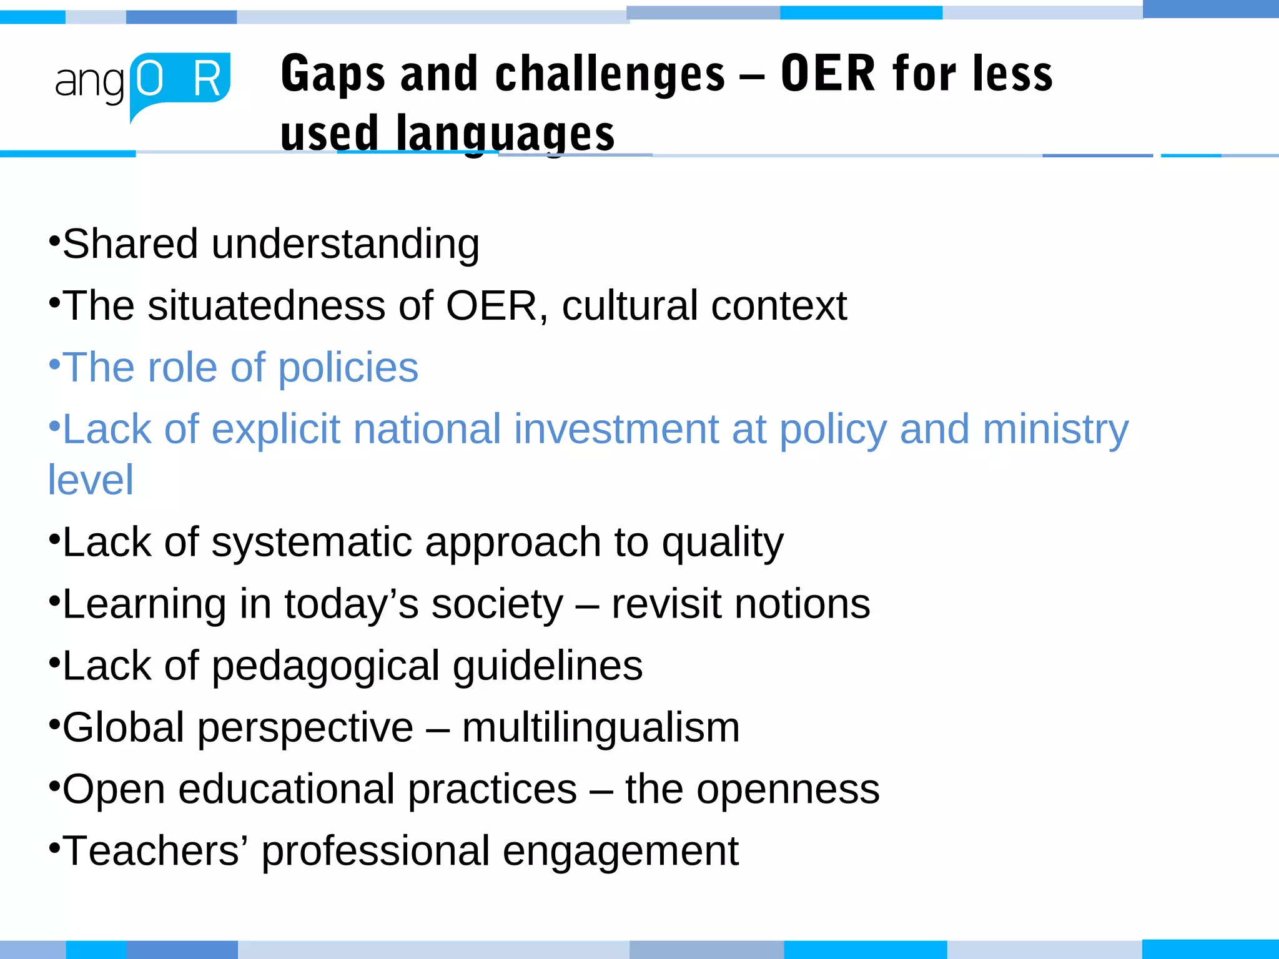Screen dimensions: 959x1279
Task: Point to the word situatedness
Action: (267, 306)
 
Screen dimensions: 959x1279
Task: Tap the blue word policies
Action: (348, 368)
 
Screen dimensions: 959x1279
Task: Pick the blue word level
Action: (91, 480)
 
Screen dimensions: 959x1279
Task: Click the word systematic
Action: (312, 542)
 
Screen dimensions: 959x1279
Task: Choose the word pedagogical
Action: (325, 666)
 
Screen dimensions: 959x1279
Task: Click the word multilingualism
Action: (601, 728)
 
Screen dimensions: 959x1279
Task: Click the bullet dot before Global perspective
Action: (54, 724)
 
